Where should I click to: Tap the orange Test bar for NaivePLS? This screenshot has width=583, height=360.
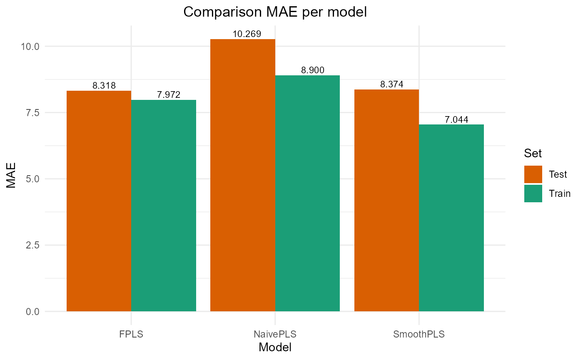243,175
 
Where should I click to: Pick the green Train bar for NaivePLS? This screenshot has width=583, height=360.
307,194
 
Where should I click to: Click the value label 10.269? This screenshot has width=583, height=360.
247,34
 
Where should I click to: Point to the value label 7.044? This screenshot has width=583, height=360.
456,120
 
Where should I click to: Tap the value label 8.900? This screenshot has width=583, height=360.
312,70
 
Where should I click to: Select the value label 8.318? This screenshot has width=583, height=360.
104,86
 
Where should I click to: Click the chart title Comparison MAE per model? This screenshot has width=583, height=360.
275,12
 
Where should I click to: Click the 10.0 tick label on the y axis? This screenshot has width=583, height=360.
30,46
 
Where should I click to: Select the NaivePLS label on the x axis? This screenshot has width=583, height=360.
275,334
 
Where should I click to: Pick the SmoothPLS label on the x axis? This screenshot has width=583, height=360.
419,334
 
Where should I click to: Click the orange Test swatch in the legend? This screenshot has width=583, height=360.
533,174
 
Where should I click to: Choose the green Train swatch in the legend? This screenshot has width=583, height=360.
533,194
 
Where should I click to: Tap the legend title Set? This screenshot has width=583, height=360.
533,154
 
